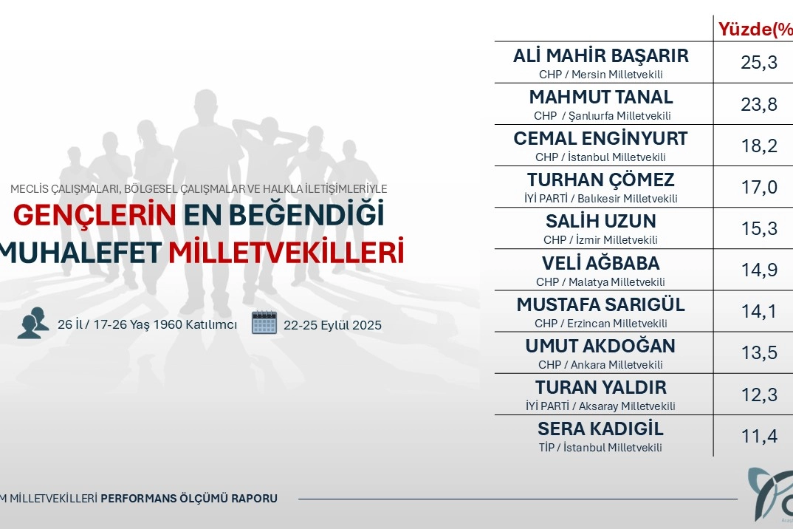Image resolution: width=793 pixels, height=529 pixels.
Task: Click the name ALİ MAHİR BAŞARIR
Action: pos(601,55)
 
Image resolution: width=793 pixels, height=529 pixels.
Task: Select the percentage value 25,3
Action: pos(758,62)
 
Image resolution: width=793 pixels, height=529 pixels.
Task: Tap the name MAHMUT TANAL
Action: pos(601,97)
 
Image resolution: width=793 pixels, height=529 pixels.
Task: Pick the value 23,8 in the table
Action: pos(758,104)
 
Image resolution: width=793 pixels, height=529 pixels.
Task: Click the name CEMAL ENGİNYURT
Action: pos(601,138)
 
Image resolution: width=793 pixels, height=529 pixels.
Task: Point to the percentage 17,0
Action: pos(759,188)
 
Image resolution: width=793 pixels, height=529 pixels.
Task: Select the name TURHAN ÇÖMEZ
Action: pos(601,180)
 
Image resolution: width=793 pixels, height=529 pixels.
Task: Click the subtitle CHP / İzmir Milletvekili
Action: pos(600,239)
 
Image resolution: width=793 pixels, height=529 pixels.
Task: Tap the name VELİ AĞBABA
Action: pos(601,263)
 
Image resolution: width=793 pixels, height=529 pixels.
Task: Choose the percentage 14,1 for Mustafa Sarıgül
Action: pos(758,311)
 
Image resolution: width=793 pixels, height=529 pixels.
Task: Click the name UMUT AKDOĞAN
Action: pos(600,346)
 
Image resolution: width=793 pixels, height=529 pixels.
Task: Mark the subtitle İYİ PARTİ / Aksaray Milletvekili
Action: pos(600,406)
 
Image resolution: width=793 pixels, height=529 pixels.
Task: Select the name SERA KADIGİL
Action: pos(600,429)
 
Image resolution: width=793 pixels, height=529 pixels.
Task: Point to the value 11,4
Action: pos(758,436)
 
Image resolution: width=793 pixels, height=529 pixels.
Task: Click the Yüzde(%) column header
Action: pos(755,30)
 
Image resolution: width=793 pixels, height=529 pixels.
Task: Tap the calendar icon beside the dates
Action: pos(264,322)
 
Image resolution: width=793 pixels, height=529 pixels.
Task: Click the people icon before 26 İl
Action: pos(33,322)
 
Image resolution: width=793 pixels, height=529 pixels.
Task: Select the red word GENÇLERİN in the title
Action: pos(95,215)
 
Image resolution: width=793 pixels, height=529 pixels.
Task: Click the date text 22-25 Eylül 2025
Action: pos(332,325)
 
